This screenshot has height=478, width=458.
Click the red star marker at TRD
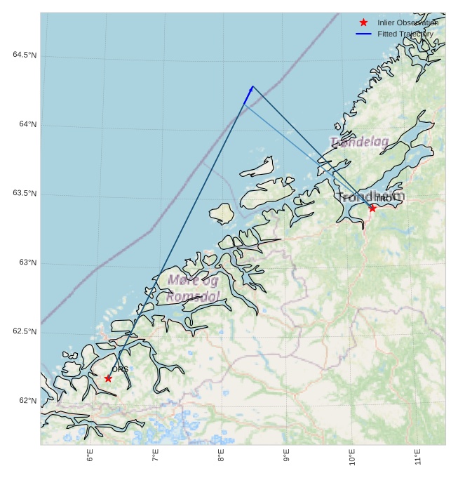(x=372, y=208)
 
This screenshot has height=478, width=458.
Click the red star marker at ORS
(x=108, y=378)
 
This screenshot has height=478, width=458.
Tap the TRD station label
(x=384, y=199)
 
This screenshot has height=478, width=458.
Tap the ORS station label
(x=120, y=369)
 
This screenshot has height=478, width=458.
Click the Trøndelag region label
(x=359, y=142)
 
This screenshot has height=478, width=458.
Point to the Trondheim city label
(x=371, y=197)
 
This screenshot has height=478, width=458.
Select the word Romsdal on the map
(x=193, y=297)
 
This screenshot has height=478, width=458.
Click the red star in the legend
(x=363, y=22)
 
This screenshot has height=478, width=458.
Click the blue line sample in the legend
(x=363, y=34)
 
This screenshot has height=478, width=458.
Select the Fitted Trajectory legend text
(x=405, y=34)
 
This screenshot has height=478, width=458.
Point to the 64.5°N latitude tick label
(x=25, y=55)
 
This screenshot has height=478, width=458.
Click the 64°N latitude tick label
(x=28, y=125)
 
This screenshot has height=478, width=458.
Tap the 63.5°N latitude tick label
(x=25, y=194)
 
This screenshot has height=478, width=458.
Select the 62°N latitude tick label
(x=28, y=401)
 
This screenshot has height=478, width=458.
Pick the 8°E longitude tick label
(x=222, y=456)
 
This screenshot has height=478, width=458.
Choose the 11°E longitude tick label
(x=418, y=457)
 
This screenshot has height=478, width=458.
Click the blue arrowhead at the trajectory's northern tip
(x=250, y=89)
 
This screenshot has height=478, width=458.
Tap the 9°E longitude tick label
(x=287, y=456)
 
